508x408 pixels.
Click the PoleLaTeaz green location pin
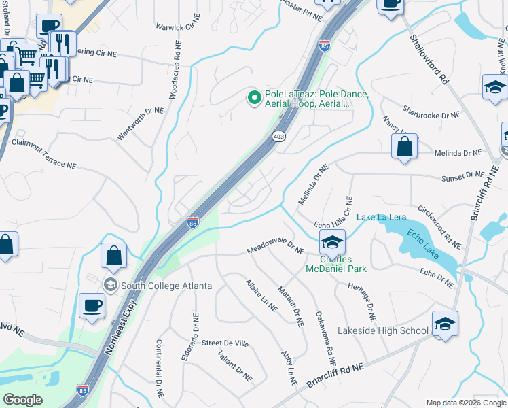pos(255,99)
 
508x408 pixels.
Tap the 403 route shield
pos(278,137)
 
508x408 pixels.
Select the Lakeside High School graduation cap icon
pos(445,323)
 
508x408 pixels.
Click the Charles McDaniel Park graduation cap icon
pos(331,241)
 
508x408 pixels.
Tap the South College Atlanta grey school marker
pos(109,284)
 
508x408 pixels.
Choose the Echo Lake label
pos(422,243)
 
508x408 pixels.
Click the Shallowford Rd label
pos(430,59)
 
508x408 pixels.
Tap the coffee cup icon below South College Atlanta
pos(92,305)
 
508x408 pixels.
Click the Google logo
pos(22,400)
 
